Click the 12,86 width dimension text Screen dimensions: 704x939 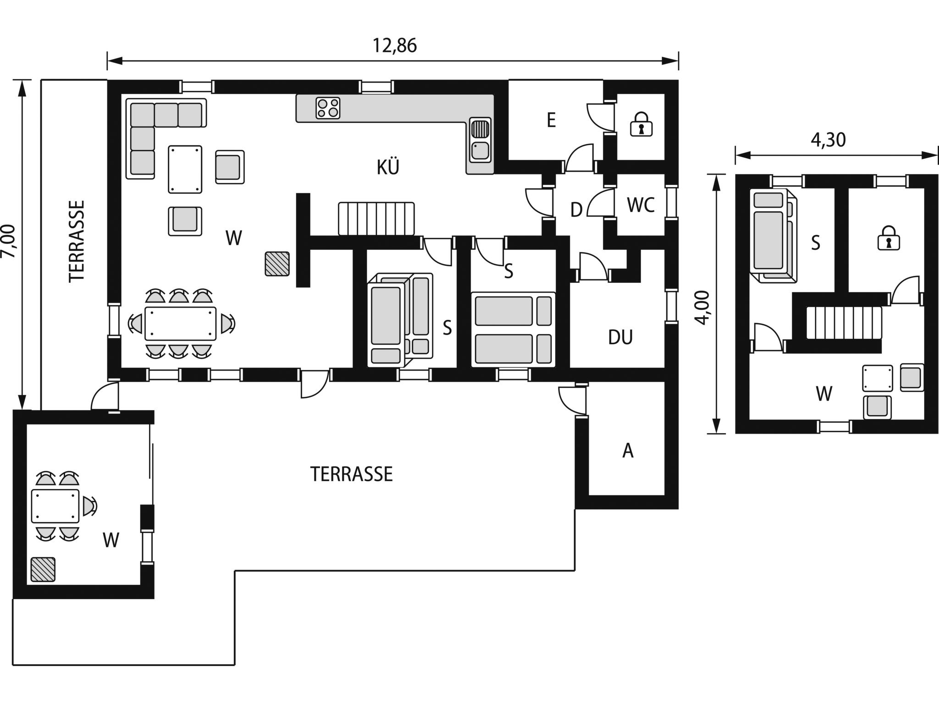tap(394, 46)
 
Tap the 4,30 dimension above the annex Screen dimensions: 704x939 tap(828, 140)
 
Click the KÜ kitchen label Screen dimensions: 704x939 tap(388, 167)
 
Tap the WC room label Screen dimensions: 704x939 tap(641, 205)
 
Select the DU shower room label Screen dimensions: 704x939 tap(620, 337)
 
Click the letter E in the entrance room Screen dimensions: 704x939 tap(551, 121)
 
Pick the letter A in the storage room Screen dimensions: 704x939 tap(628, 451)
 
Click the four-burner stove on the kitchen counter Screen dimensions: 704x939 tap(328, 108)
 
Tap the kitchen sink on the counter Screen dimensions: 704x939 tap(480, 140)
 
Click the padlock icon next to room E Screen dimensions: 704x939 tap(641, 124)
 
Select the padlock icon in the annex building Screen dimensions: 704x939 tap(889, 238)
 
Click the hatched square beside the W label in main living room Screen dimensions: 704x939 tap(277, 264)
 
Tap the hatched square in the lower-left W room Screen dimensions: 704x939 tap(43, 570)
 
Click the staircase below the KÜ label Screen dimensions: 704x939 tap(376, 219)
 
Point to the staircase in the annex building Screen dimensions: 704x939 tap(844, 323)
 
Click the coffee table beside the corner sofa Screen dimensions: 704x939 tap(185, 170)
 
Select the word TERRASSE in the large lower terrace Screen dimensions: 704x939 tap(352, 474)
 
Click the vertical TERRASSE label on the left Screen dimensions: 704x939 tap(77, 241)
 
